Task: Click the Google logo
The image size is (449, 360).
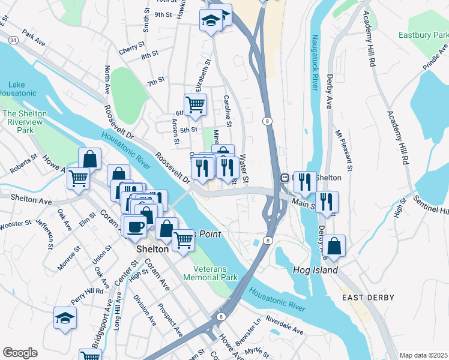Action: pos(20,353)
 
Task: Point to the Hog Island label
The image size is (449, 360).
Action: pos(315,271)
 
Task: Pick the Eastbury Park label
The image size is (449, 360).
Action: pos(423,35)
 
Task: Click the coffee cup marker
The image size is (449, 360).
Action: pos(136,227)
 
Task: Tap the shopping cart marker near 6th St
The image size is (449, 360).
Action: pos(195,104)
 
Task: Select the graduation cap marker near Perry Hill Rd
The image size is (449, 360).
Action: pos(65,318)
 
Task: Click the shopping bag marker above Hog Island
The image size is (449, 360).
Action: pos(336,245)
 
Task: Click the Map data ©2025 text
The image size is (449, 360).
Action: pos(423,355)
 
